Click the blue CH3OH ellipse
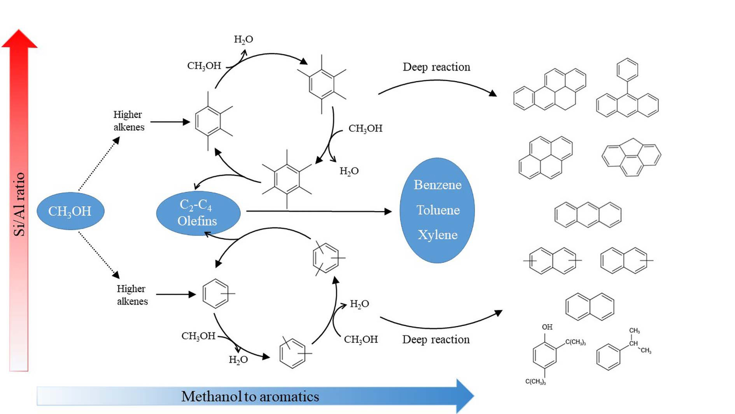70,211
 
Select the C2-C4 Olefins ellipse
198,213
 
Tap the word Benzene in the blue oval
437,185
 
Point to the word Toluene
438,210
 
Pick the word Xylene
437,235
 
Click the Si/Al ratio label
20,204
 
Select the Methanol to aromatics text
250,396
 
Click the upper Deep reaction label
436,67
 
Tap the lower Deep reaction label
436,339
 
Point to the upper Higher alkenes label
128,121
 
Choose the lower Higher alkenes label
132,295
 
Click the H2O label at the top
243,39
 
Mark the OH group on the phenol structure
547,327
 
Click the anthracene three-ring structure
588,215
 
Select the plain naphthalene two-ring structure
590,307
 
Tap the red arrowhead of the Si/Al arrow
19,39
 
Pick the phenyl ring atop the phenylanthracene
627,69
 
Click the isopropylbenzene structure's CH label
633,343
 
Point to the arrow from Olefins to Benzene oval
318,211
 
